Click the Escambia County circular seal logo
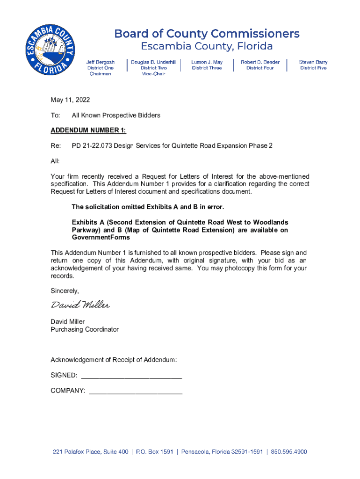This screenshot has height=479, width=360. [50, 51]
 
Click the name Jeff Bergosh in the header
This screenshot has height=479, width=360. [101, 62]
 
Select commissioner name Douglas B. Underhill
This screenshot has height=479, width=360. [154, 62]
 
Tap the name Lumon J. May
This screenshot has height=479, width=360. [207, 62]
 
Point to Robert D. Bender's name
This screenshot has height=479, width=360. [260, 62]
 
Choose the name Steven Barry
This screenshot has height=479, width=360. [313, 62]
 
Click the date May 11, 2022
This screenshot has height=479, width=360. [70, 100]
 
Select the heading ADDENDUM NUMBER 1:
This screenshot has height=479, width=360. [88, 131]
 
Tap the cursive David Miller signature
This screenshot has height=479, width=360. [80, 305]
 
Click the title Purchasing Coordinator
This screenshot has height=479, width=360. [85, 330]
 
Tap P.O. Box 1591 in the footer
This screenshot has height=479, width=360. [155, 452]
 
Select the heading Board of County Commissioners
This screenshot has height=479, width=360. [207, 34]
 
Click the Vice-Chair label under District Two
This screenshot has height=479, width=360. [154, 74]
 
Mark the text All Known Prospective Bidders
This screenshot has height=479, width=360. [116, 116]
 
